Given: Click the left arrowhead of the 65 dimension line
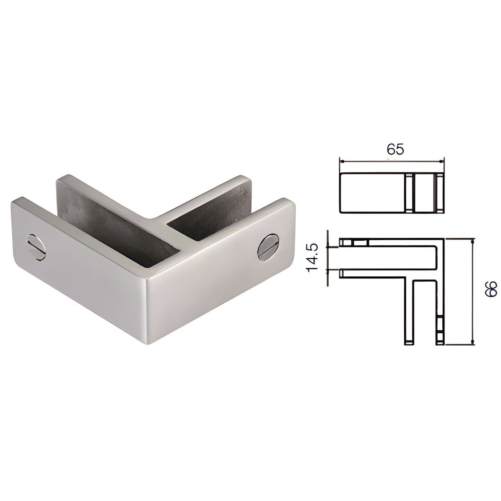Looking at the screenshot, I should [342, 162].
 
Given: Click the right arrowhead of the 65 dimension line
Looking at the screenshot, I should [441, 162].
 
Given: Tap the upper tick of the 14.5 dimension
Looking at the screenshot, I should [327, 247].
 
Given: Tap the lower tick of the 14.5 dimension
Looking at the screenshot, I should [327, 270].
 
